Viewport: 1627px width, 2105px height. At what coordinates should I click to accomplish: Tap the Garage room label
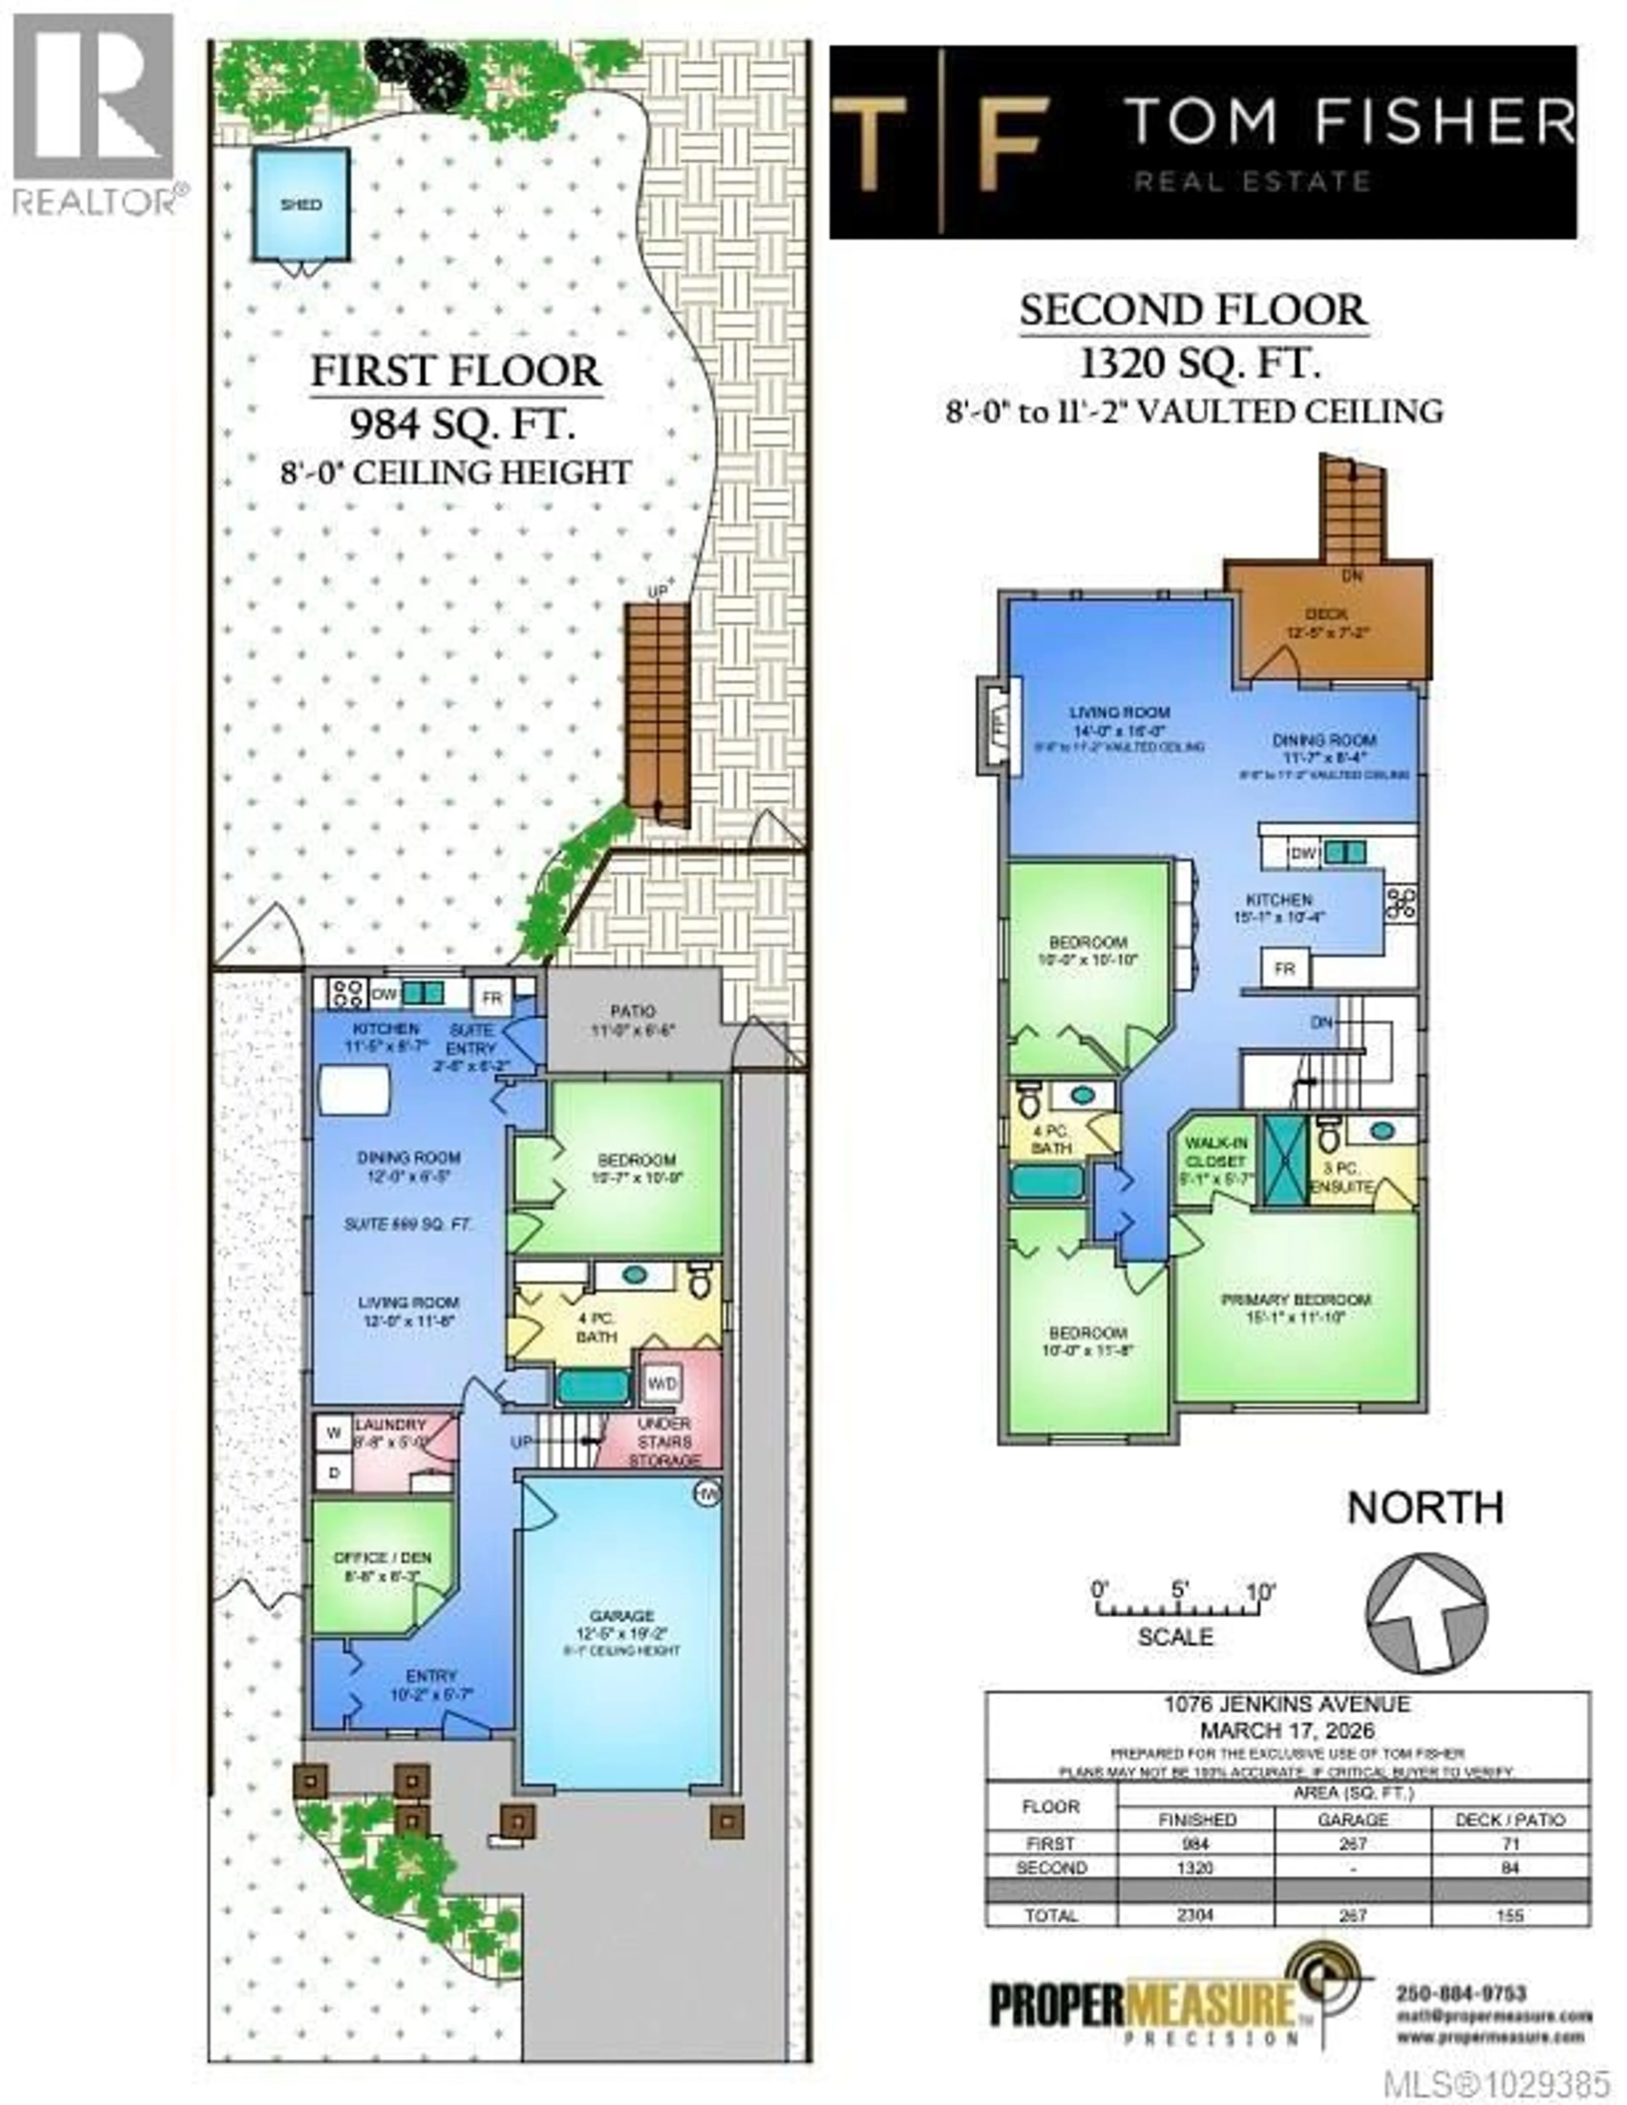pyautogui.click(x=622, y=1615)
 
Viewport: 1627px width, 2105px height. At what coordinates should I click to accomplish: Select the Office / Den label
pyautogui.click(x=382, y=1559)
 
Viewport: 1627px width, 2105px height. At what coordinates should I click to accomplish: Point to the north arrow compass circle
pyautogui.click(x=1426, y=1611)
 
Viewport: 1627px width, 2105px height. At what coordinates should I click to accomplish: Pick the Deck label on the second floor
pyautogui.click(x=1326, y=614)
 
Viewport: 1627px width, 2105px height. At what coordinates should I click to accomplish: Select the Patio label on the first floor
pyautogui.click(x=632, y=1011)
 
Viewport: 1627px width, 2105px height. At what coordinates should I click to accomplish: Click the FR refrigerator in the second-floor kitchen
pyautogui.click(x=1284, y=969)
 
